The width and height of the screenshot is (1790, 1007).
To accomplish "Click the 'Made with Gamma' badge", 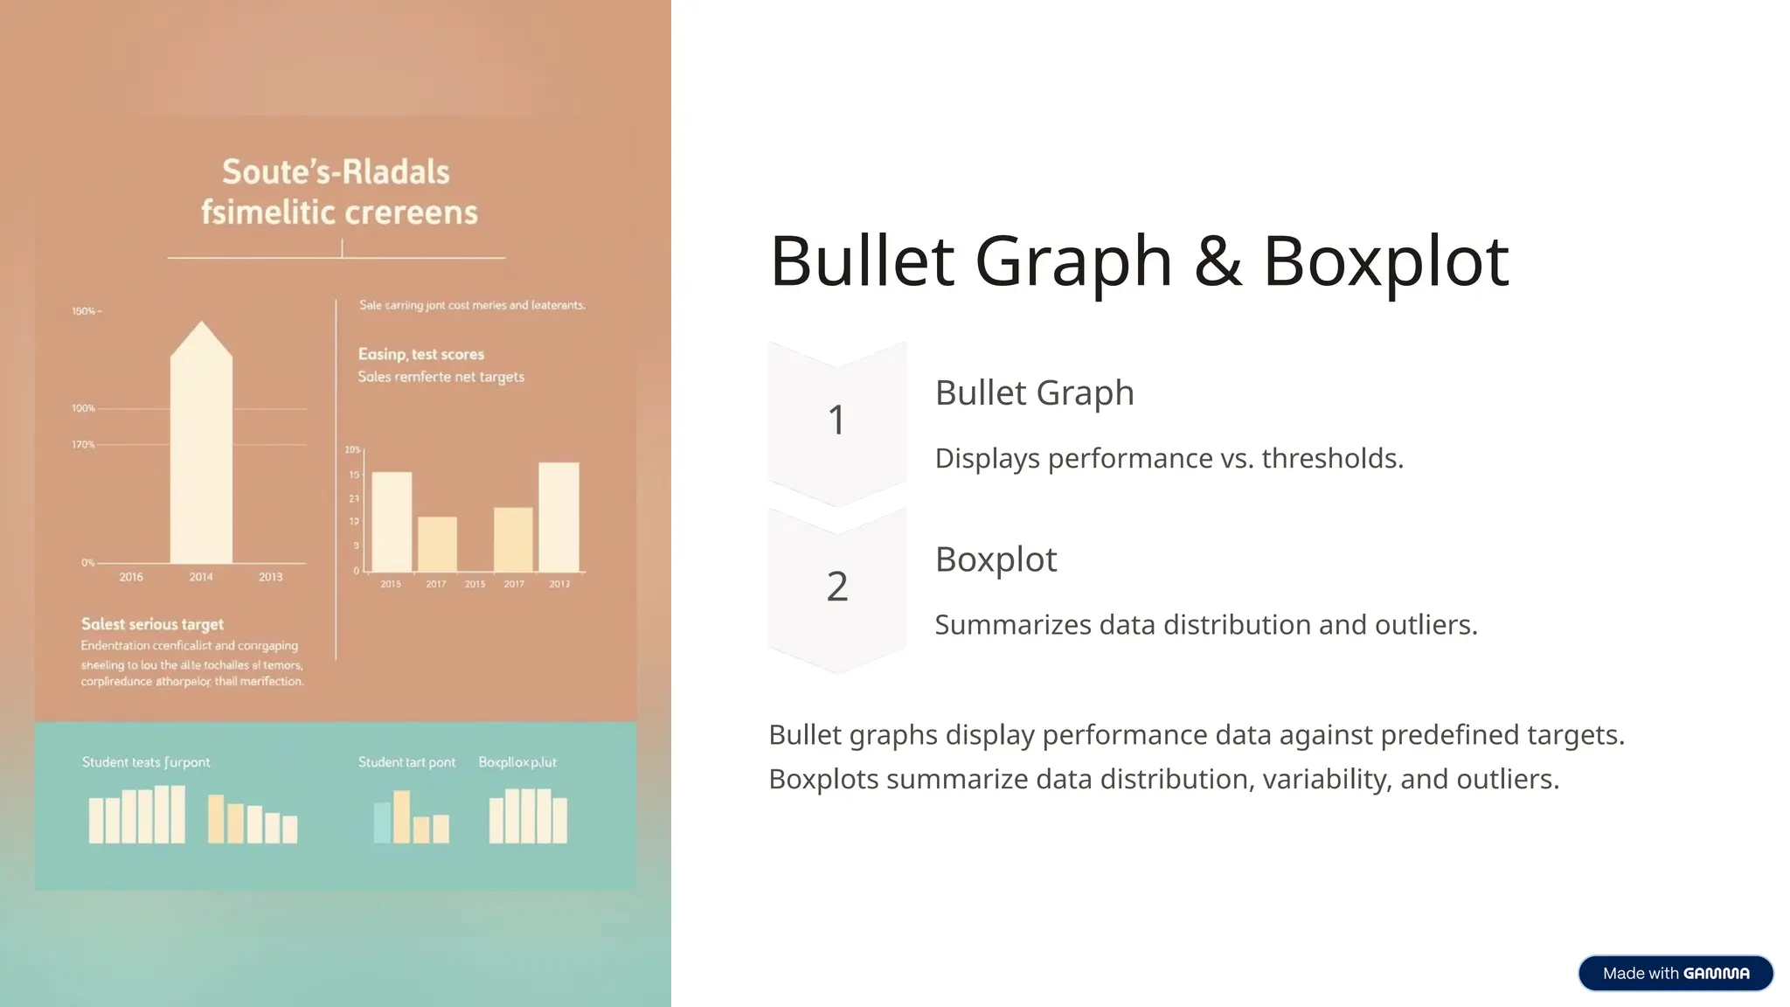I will click(1675, 973).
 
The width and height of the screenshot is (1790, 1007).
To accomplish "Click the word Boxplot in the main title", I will click(1385, 260).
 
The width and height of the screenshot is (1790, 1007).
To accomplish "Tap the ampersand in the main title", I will click(1217, 260).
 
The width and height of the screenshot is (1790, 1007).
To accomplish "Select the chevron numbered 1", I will click(836, 420).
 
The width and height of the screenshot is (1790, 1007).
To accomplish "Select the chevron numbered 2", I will click(836, 587).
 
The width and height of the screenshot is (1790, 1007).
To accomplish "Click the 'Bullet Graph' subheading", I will click(1034, 392).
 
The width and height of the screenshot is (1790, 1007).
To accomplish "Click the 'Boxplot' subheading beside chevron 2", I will click(996, 559).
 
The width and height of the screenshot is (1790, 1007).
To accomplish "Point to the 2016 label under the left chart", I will click(131, 577).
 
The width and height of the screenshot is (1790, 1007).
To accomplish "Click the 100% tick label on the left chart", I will click(84, 408).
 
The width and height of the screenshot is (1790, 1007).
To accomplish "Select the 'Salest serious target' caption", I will click(152, 624).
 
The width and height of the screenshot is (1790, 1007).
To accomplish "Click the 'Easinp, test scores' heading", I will click(420, 354).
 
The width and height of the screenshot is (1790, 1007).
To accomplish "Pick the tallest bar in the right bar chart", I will click(559, 516).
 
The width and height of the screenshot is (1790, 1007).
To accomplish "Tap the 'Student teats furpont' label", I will click(146, 762).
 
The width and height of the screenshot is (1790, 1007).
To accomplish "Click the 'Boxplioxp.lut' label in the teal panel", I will click(517, 762).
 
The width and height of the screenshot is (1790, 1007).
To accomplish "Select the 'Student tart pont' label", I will click(406, 762).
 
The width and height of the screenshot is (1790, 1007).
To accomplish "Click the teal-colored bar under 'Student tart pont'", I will click(382, 823).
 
